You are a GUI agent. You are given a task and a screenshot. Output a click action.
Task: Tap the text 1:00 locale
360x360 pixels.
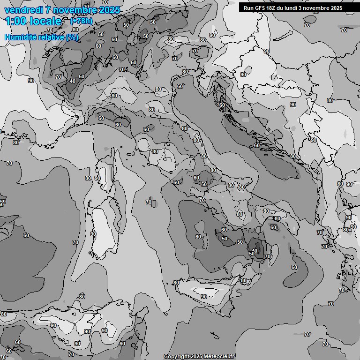click(x=33, y=21)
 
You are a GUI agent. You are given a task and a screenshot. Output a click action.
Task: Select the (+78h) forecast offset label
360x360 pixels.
click(x=82, y=21)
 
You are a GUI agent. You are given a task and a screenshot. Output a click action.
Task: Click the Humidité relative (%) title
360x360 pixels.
click(x=41, y=37)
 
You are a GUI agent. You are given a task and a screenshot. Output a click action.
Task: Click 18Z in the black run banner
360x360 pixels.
click(x=269, y=8)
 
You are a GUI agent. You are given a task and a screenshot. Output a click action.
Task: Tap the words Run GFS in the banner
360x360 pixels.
click(x=253, y=8)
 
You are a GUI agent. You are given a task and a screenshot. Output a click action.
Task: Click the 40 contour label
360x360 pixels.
click(x=72, y=81)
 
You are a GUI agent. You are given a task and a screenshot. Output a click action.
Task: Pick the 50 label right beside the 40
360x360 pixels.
click(x=82, y=76)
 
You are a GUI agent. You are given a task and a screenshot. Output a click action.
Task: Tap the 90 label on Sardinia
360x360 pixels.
click(x=93, y=234)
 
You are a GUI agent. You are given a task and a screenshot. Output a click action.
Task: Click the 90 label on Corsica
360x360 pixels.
click(x=97, y=178)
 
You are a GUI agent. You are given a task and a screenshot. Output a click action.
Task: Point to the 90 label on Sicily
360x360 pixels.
click(x=203, y=296)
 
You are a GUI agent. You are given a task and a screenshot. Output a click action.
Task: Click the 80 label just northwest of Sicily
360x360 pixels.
click(x=176, y=283)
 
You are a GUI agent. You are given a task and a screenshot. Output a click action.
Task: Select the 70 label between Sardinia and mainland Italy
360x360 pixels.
click(x=149, y=202)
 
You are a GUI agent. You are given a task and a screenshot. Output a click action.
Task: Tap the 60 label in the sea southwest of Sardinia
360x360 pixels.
click(x=26, y=235)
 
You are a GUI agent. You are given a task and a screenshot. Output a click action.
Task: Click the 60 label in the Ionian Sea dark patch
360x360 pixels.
click(x=294, y=267)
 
